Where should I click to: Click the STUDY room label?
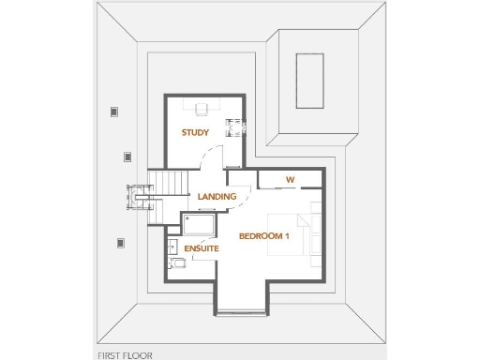click(x=195, y=133)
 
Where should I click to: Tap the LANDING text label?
click(x=217, y=196)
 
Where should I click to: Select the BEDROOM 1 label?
click(x=264, y=235)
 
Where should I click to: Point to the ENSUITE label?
click(x=202, y=248)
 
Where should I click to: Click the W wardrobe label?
click(x=290, y=179)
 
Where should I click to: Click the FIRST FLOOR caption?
click(x=125, y=355)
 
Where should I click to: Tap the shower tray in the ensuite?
click(x=199, y=226)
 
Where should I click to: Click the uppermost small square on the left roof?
click(x=114, y=112)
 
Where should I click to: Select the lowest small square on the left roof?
click(x=121, y=243)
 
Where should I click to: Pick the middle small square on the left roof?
click(x=127, y=157)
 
